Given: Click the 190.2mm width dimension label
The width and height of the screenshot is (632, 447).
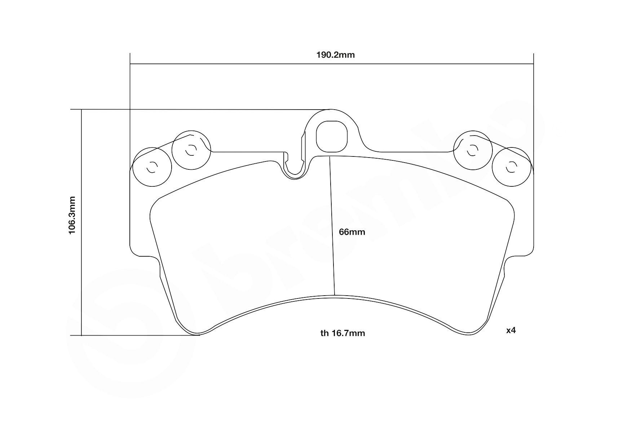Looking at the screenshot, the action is coord(335,55).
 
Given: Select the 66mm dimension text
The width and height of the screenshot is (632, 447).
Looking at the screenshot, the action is coord(352,232).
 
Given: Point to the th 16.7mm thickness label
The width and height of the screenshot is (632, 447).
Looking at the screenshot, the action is coord(342,333).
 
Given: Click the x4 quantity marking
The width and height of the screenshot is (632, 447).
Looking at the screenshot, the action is coord(511,330).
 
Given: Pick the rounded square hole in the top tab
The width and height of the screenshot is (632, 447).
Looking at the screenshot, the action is coord(331,137).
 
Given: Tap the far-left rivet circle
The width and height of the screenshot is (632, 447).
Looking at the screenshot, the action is coord(152,167).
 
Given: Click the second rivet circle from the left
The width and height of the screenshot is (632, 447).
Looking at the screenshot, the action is coord(191,150).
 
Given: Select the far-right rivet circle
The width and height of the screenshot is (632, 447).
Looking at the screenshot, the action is coord(512,167).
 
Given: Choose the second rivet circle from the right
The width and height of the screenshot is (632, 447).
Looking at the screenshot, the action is coord(472,150).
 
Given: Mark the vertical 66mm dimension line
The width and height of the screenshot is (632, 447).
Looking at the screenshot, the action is coord(332,226).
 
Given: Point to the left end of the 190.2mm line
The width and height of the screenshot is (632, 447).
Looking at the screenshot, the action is coord(130,64).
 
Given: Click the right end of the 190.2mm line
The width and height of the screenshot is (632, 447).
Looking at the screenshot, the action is coord(533,64).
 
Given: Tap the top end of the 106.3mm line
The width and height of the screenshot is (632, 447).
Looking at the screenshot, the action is coord(82,109).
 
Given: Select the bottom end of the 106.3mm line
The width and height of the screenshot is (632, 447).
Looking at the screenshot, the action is coord(82,336).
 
